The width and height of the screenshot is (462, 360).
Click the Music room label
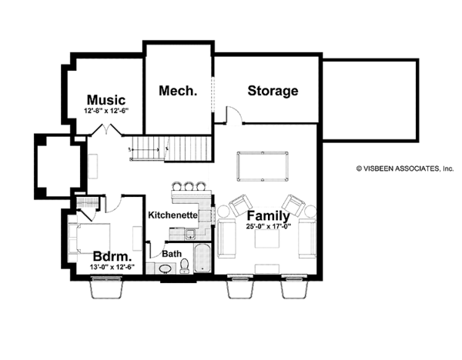(105, 100)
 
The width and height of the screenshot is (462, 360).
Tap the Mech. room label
(178, 91)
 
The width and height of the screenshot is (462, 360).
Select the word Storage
(273, 91)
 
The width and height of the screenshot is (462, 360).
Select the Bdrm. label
(109, 256)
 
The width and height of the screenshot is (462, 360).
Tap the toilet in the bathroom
(185, 267)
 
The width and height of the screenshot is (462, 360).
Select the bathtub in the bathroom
(203, 258)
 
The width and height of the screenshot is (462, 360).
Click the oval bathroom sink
(164, 268)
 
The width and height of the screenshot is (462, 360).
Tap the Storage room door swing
(233, 115)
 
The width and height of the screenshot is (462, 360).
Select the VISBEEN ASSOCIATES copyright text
(404, 168)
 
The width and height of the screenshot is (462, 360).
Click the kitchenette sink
(190, 234)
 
